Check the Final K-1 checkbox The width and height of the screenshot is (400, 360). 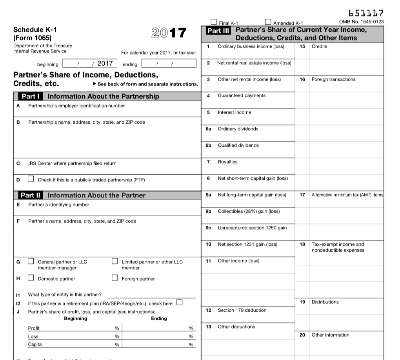[x=214, y=22]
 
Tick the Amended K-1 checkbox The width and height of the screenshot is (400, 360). [x=268, y=22]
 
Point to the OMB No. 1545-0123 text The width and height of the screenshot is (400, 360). [x=361, y=22]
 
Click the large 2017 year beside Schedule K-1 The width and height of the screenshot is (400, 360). [x=168, y=33]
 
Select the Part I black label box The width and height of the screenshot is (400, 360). [x=30, y=97]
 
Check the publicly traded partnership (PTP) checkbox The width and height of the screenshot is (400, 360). [x=31, y=179]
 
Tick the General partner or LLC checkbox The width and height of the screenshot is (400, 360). [x=31, y=261]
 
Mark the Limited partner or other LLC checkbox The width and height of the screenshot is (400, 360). [x=115, y=261]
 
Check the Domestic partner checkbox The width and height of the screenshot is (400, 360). [x=31, y=278]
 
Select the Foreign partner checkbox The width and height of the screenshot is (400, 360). [x=115, y=278]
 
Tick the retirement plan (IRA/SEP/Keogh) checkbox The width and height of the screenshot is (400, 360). [x=179, y=303]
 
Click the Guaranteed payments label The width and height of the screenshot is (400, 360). [x=242, y=96]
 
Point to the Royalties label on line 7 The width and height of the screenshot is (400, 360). [x=227, y=162]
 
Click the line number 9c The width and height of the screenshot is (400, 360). [x=208, y=228]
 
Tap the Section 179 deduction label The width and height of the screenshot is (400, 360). [x=242, y=310]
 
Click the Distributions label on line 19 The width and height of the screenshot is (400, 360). [x=325, y=302]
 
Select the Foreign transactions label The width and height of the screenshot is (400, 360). [x=333, y=79]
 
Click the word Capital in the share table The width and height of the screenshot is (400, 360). [x=35, y=344]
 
